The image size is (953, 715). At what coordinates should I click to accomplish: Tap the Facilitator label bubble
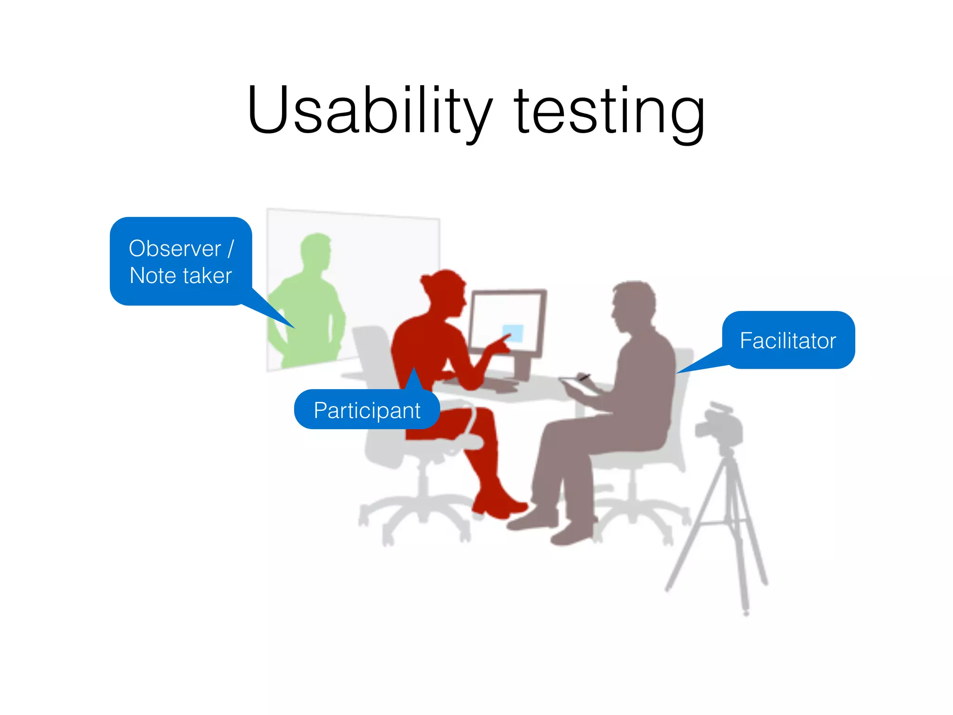(788, 340)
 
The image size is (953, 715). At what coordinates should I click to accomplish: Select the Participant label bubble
(367, 410)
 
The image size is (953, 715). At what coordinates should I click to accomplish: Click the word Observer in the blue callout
(174, 249)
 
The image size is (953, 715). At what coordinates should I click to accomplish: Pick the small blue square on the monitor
(513, 332)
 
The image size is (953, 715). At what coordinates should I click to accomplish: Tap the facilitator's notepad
(579, 386)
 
